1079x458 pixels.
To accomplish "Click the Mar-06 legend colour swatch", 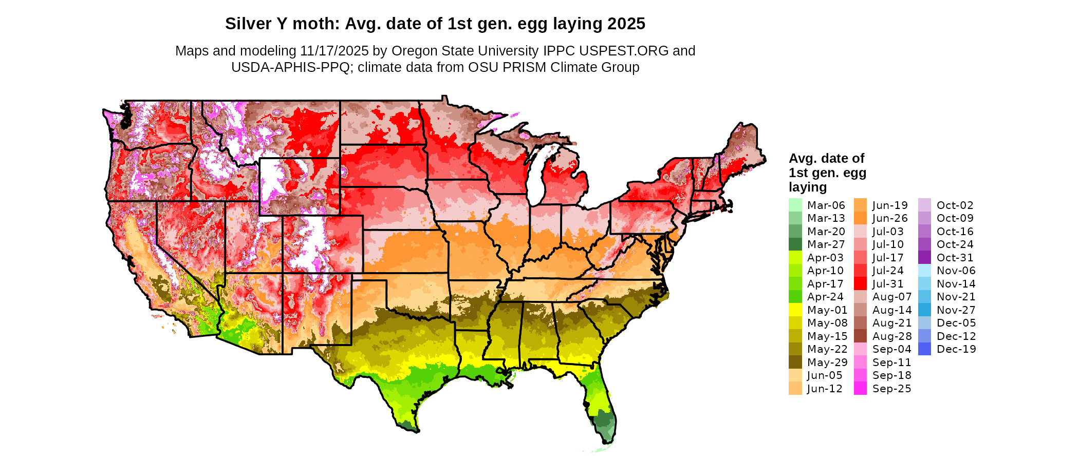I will click(x=795, y=205).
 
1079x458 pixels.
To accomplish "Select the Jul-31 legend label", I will click(x=888, y=283).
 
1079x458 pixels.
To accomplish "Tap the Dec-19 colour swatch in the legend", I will click(x=924, y=349).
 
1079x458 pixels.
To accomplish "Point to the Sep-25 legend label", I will click(x=891, y=388).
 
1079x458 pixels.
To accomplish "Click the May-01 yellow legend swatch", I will click(x=795, y=310).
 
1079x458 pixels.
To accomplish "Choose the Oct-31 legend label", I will click(x=955, y=257).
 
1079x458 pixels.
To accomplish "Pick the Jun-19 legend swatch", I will click(x=860, y=205).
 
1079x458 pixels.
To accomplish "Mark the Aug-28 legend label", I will click(x=892, y=336).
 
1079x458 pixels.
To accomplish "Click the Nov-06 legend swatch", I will click(x=924, y=271).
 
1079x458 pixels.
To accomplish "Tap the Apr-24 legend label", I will click(x=825, y=296).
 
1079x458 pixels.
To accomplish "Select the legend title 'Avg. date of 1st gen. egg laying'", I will click(x=827, y=173).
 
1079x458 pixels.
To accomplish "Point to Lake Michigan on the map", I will click(x=536, y=175).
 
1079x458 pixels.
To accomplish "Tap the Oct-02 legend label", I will click(x=955, y=205).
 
